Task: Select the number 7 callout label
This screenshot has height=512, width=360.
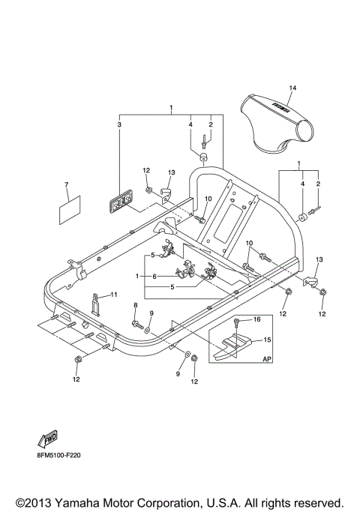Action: coord(66,184)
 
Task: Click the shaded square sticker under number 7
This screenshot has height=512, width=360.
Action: coord(69,208)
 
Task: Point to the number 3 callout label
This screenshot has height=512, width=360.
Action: coord(118,124)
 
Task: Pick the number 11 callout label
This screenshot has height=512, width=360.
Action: coord(115,295)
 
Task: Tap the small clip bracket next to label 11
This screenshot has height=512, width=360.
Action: coord(96,303)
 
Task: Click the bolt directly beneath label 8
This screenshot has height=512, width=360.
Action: coord(137,324)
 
